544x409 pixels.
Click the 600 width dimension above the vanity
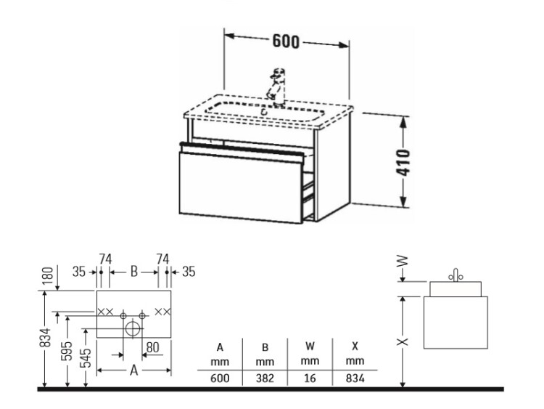[285, 41]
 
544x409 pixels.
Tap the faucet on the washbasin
[277, 88]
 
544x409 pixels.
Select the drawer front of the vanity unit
[240, 187]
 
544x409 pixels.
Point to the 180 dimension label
[49, 275]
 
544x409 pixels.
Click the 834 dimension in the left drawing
[46, 338]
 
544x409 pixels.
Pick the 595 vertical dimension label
[67, 351]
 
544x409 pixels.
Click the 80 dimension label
[152, 347]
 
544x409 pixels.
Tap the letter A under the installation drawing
[134, 370]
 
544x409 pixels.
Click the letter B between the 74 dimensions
[134, 272]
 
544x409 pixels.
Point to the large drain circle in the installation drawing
[133, 328]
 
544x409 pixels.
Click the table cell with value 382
[265, 378]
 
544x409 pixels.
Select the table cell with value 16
[310, 378]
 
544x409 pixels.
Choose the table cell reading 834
[355, 378]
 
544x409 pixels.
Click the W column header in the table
[310, 346]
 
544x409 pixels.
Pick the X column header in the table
[355, 346]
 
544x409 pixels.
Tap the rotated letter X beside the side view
[403, 341]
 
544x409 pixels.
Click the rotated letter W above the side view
[403, 261]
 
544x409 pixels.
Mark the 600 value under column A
[220, 378]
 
